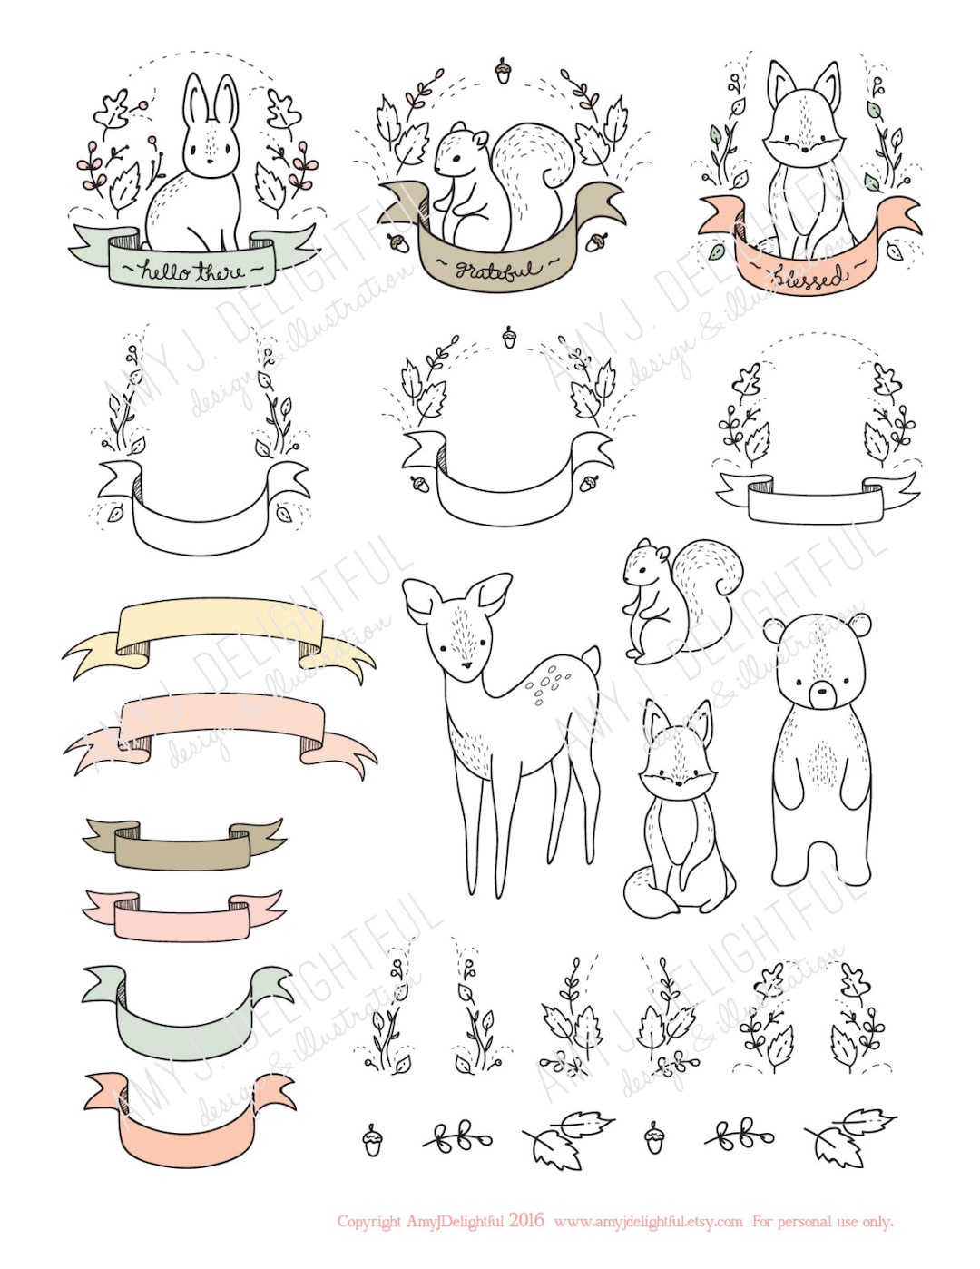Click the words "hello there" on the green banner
pyautogui.click(x=193, y=271)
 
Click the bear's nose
pyautogui.click(x=823, y=694)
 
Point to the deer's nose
pyautogui.click(x=465, y=665)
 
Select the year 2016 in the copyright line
pyautogui.click(x=526, y=1220)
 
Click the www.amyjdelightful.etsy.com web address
pyautogui.click(x=648, y=1221)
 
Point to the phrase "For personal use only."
pyautogui.click(x=822, y=1221)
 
